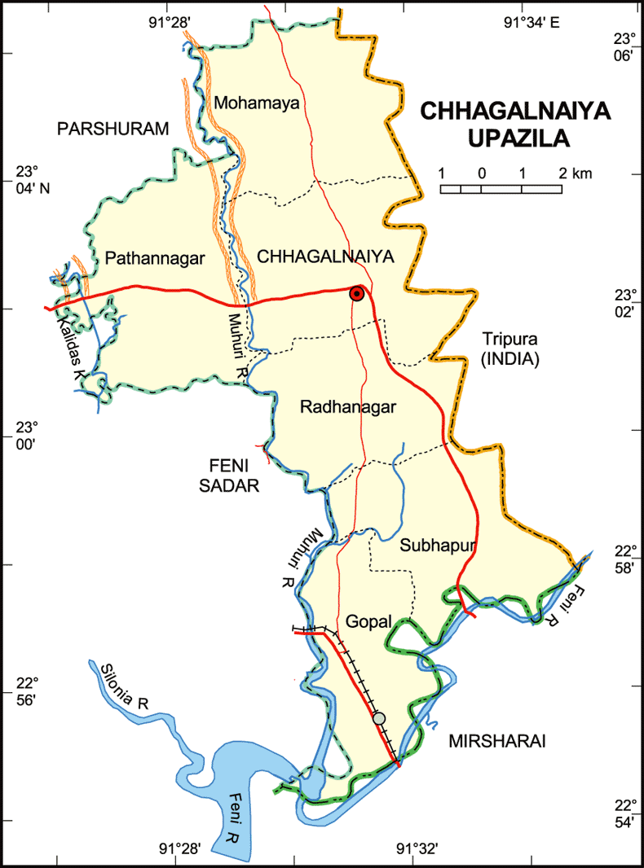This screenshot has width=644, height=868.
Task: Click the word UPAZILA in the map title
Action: (x=518, y=138)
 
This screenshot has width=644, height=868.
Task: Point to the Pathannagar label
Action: (x=153, y=259)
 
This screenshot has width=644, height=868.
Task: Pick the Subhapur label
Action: (x=438, y=546)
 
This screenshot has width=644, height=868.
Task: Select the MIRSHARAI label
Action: (x=496, y=741)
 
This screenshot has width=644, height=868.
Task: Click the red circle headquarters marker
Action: (x=356, y=294)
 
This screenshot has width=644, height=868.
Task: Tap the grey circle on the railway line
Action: (x=379, y=718)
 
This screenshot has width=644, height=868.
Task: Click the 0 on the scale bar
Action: (x=482, y=173)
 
